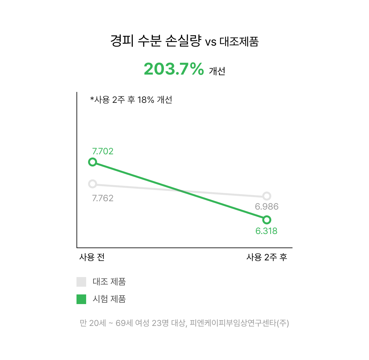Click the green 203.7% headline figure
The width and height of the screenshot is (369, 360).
coord(174,69)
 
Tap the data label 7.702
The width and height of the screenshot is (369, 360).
coord(103,151)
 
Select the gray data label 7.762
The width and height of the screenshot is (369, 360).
coord(103,198)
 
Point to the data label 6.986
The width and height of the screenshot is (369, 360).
coord(267,207)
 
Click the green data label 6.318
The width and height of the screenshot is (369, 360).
coord(266,231)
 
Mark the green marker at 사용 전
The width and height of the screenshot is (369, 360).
coord(93,162)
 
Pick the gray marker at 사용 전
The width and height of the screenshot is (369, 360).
coord(93,184)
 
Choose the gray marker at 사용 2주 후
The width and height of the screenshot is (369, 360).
coord(267,196)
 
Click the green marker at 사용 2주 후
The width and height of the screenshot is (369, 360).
coord(267,220)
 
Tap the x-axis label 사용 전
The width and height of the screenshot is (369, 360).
coord(92,257)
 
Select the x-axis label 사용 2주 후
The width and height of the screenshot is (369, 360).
coord(267,257)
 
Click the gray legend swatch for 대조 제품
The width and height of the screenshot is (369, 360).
coord(81,282)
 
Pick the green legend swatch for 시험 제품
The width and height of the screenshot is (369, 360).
coord(81,299)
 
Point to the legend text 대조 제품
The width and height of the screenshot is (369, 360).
coord(109,282)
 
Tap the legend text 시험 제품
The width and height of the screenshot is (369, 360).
coord(109,299)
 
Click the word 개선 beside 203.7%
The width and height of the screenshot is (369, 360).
coord(217,71)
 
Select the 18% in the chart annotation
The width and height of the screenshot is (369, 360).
coord(146,100)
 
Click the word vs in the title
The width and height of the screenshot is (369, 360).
coord(211,42)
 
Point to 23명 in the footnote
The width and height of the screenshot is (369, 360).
coord(160,323)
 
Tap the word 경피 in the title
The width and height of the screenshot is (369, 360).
coord(122,41)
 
